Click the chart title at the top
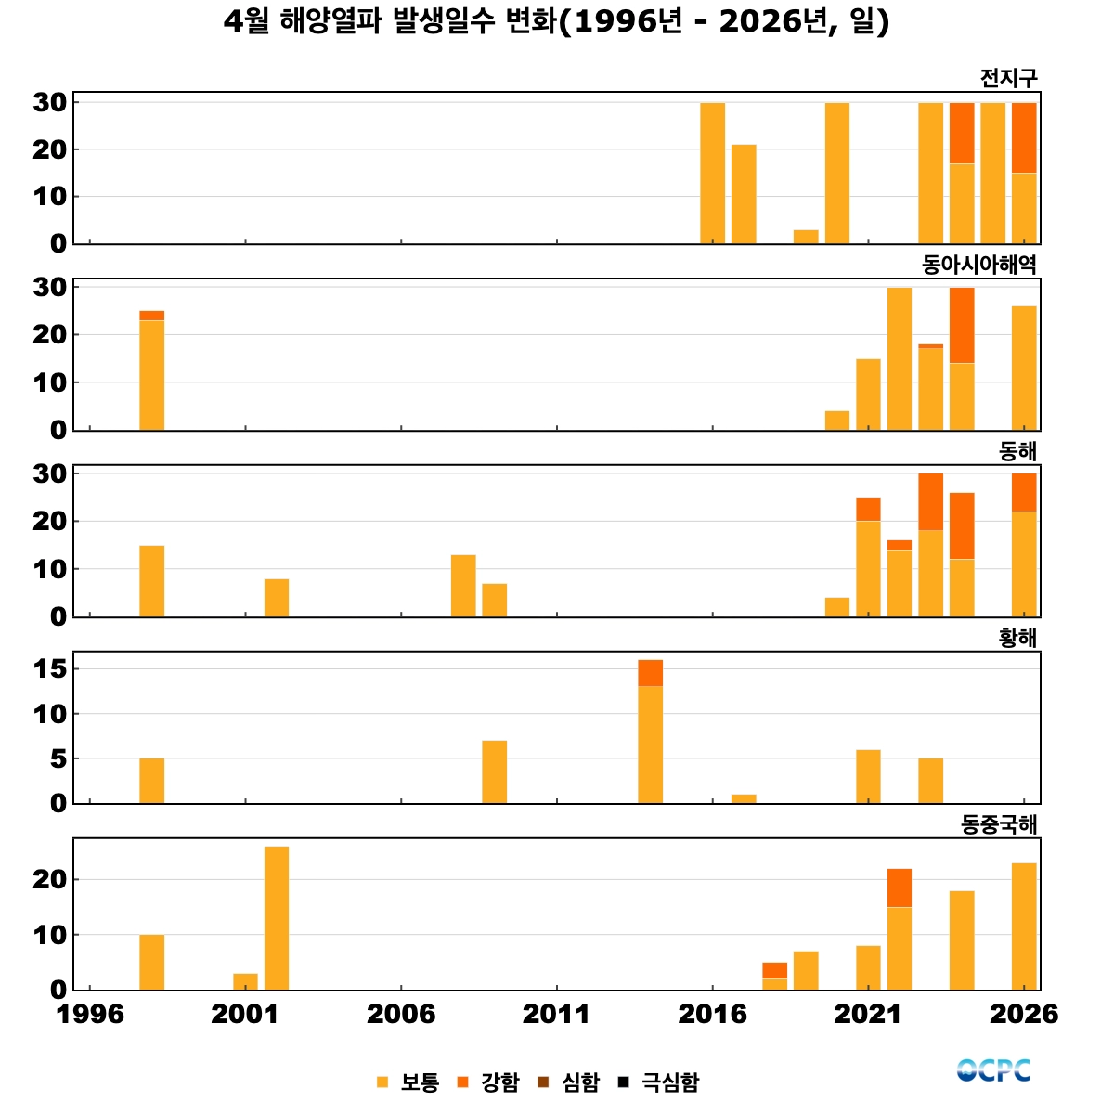[556, 22]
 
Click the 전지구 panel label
[1008, 78]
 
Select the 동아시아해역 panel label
[978, 265]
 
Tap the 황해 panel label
[1017, 638]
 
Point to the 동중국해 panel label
[998, 824]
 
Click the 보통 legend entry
[408, 1082]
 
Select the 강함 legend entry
[488, 1082]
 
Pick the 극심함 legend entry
[658, 1082]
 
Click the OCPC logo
[993, 1070]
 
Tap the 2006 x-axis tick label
[401, 1014]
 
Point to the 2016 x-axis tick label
[712, 1014]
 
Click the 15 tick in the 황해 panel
[50, 668]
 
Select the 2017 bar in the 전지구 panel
[744, 194]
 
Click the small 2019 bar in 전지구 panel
[806, 237]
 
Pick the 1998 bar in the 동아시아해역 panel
[152, 370]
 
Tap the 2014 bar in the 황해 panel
[651, 732]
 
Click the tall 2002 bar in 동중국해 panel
[277, 919]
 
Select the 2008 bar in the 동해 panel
[463, 586]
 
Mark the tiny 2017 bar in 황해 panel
[744, 799]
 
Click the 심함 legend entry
[569, 1082]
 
